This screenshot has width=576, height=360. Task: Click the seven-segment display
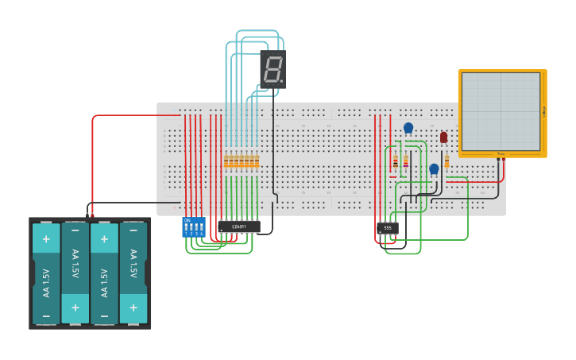point(273,70)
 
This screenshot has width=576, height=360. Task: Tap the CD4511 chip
point(239,226)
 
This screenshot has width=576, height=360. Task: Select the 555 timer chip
point(387,228)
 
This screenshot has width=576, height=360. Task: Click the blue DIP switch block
point(193,227)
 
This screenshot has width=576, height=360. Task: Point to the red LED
point(443,137)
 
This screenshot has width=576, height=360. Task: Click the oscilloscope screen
point(501,111)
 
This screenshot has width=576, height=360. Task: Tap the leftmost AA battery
point(46,273)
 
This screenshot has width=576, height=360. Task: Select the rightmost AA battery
point(133,273)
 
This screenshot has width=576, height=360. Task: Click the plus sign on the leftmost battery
point(46,238)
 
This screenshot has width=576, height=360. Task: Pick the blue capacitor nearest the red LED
point(434,168)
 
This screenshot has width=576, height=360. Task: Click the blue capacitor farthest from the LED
point(408,128)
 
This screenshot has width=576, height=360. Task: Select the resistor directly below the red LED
point(446,162)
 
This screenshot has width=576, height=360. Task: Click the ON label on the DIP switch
point(187,220)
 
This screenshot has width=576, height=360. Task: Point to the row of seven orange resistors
point(241,161)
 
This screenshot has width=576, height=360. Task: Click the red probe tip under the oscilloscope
point(504,159)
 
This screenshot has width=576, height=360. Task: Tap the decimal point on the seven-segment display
point(282,82)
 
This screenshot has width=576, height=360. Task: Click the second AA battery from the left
point(75,273)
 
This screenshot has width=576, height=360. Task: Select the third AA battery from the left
point(104,273)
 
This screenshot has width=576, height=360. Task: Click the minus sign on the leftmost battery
point(46,315)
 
